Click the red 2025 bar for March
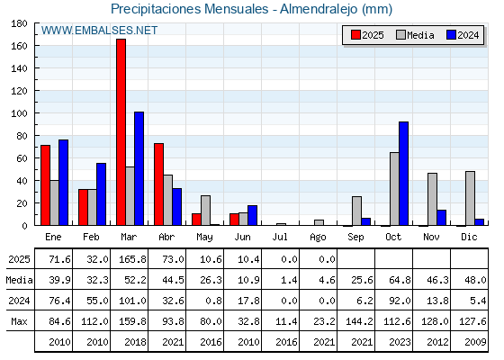[121, 132]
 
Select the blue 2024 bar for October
[404, 174]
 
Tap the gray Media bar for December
[470, 198]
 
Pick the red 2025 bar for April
[158, 184]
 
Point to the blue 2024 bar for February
[101, 194]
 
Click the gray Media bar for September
[356, 211]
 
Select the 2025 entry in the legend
[367, 35]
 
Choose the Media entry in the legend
[415, 35]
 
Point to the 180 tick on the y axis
[19, 23]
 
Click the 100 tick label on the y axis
[19, 113]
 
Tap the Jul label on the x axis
[280, 238]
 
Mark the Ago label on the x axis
[318, 238]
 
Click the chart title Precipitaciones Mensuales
[190, 9]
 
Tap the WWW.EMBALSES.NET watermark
[99, 31]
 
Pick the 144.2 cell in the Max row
[359, 321]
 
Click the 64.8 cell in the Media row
[400, 280]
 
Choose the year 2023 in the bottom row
[400, 342]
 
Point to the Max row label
[19, 321]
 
